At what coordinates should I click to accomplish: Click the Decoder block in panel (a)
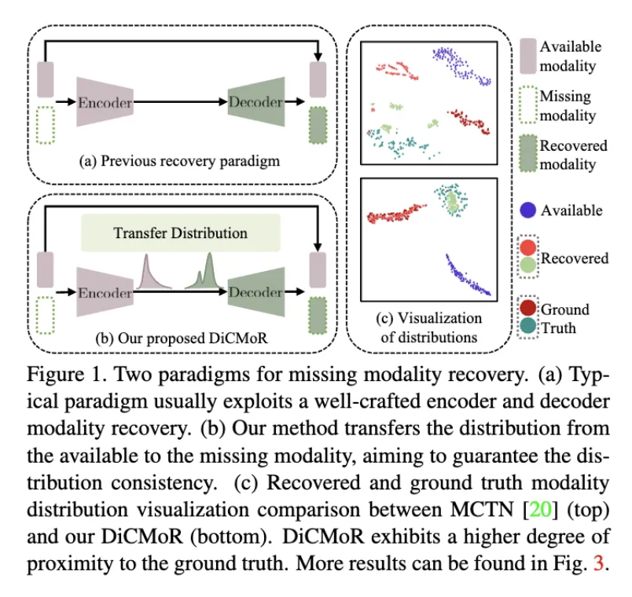pos(255,102)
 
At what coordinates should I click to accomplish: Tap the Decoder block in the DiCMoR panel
pos(255,292)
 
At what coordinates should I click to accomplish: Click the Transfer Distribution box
pos(180,233)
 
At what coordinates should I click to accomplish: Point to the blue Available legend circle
pos(528,210)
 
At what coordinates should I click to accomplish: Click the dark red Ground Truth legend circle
pos(528,308)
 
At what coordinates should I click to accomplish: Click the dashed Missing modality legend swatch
pos(527,106)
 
